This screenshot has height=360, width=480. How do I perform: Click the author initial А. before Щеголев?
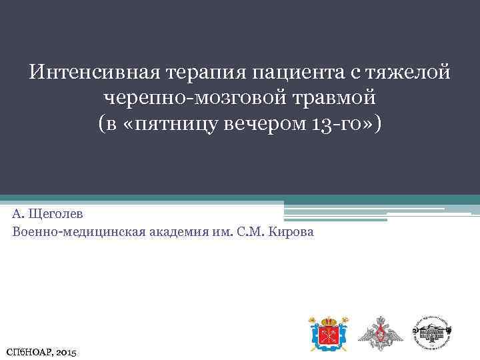17,214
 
